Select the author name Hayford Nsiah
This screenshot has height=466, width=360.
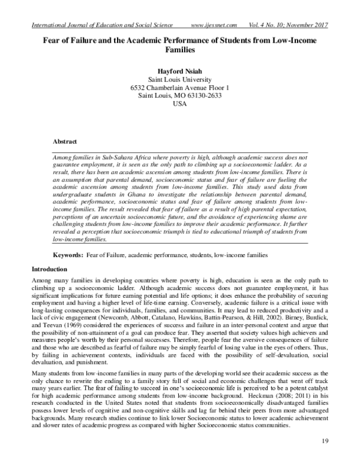click(x=179, y=70)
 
